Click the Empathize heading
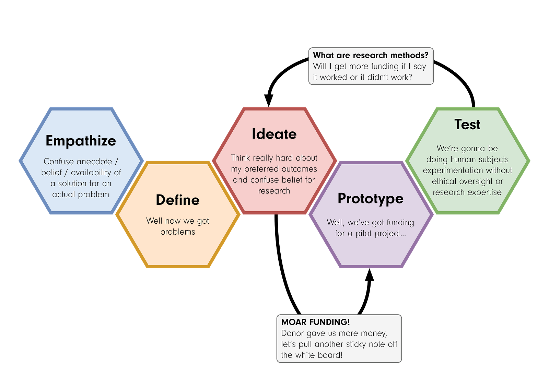[x=81, y=141]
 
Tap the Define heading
[x=177, y=200]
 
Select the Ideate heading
[x=274, y=134]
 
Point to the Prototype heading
[x=370, y=199]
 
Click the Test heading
[x=467, y=124]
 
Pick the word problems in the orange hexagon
[x=177, y=232]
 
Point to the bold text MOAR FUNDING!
[x=315, y=322]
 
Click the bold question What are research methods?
[x=371, y=55]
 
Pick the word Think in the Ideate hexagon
[x=240, y=158]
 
